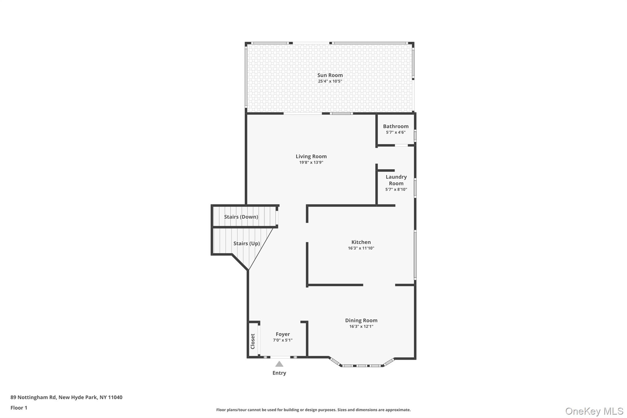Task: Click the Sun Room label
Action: point(330,75)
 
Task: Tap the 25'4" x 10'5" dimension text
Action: point(330,81)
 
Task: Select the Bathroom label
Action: point(396,126)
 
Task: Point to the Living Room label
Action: point(311,156)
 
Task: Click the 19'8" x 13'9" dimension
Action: point(311,163)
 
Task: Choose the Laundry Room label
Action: point(396,180)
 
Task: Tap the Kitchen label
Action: point(361,242)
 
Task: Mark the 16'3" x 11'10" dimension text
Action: point(361,248)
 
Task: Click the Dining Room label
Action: point(361,320)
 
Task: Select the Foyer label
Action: point(283,334)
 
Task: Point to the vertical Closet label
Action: point(253,341)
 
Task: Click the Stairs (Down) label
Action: point(241,217)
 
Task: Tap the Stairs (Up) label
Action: point(246,243)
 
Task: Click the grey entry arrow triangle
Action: point(279,364)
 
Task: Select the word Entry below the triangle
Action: point(279,373)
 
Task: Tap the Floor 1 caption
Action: point(19,408)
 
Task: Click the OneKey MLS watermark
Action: point(594,411)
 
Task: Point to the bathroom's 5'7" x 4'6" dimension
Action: point(396,133)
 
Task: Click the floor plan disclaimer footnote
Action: point(313,410)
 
